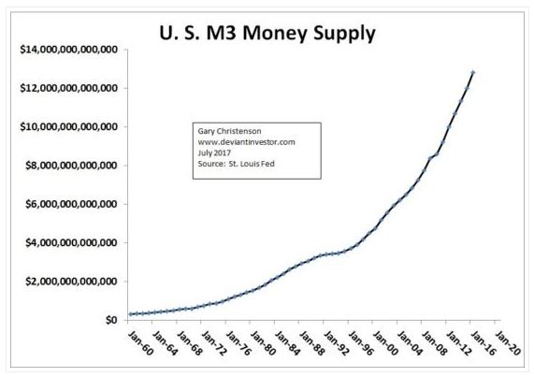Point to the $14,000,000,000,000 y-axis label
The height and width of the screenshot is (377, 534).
[65, 49]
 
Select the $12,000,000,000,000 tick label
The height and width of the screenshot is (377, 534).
[65, 88]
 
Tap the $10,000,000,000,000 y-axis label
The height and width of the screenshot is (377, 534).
[65, 126]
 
